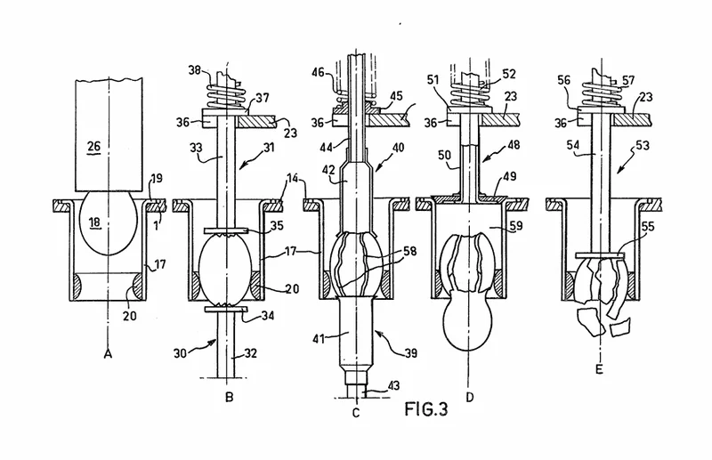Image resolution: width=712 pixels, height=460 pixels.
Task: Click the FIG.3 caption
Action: pyautogui.click(x=426, y=409)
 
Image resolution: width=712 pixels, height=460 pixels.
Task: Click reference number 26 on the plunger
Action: pyautogui.click(x=94, y=146)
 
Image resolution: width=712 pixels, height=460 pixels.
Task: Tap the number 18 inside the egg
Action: pyautogui.click(x=95, y=222)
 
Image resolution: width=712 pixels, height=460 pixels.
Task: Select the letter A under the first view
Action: pyautogui.click(x=108, y=353)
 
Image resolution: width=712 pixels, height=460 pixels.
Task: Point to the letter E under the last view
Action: pyautogui.click(x=599, y=369)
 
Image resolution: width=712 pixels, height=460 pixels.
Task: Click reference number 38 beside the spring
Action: pyautogui.click(x=196, y=70)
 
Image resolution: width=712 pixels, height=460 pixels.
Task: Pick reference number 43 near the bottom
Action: pyautogui.click(x=393, y=385)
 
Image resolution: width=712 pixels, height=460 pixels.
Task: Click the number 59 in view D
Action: pyautogui.click(x=516, y=224)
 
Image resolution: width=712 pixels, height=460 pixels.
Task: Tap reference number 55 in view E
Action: pyautogui.click(x=648, y=226)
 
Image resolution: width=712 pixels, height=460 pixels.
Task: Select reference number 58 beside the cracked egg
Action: pyautogui.click(x=409, y=251)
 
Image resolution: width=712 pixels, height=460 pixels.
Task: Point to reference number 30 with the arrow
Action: pyautogui.click(x=181, y=353)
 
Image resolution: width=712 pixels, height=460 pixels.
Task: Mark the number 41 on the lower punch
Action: pyautogui.click(x=318, y=338)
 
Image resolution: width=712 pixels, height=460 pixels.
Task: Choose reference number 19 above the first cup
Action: pyautogui.click(x=157, y=178)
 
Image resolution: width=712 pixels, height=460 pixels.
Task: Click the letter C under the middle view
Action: pyautogui.click(x=356, y=413)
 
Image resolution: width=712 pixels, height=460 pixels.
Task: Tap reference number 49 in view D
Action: pyautogui.click(x=510, y=176)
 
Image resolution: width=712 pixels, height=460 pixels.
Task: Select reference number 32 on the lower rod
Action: pyautogui.click(x=250, y=353)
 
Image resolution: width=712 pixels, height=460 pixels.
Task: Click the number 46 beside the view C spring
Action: pyautogui.click(x=319, y=72)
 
